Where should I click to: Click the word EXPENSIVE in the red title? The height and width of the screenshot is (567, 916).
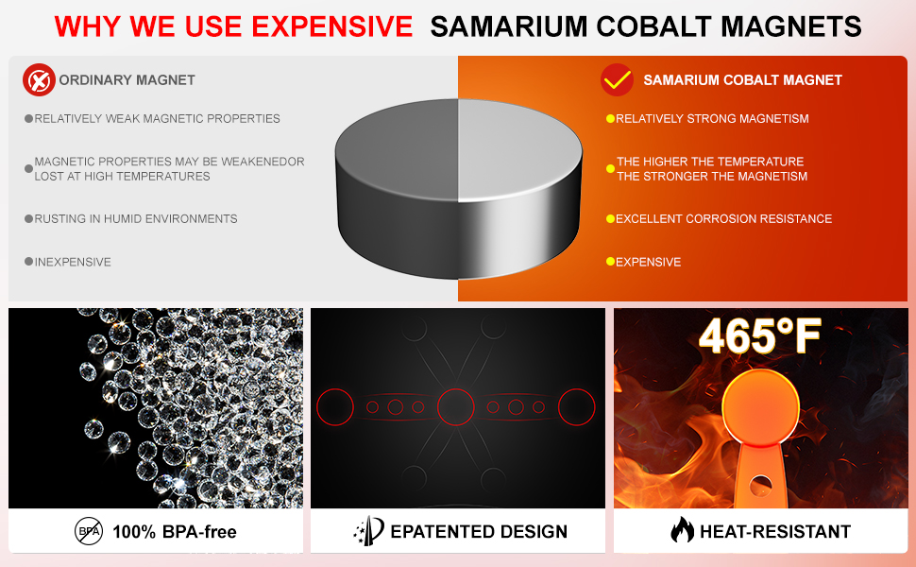(x=332, y=26)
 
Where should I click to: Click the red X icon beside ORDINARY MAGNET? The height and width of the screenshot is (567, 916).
(x=39, y=80)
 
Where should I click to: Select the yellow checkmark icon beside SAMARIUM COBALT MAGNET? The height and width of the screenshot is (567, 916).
(x=617, y=79)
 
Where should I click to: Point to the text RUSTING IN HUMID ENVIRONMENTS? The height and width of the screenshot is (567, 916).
(x=136, y=218)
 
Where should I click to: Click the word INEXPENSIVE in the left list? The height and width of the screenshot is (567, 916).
(x=73, y=262)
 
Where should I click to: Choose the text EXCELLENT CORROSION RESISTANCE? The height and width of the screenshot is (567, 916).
(x=723, y=218)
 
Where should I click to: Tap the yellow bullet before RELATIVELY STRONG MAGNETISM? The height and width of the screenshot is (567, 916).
(x=610, y=119)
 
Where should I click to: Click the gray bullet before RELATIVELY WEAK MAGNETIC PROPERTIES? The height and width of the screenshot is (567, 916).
(x=28, y=119)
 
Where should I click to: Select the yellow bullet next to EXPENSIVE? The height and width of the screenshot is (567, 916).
(x=610, y=262)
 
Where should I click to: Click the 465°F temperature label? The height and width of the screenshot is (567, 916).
(x=759, y=336)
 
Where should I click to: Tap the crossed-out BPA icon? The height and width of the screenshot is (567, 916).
(x=89, y=531)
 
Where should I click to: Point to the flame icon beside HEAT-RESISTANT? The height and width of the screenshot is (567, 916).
(x=682, y=530)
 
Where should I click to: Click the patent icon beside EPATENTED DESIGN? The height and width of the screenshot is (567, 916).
(x=369, y=530)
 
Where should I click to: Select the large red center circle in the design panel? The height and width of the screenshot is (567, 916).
(x=456, y=407)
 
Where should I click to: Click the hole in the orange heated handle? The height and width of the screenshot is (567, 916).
(x=760, y=485)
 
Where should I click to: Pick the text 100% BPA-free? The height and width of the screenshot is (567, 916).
(x=175, y=532)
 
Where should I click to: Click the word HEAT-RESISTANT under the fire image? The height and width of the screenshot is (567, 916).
(x=775, y=531)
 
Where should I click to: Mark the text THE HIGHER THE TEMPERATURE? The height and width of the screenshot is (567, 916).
(x=710, y=162)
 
